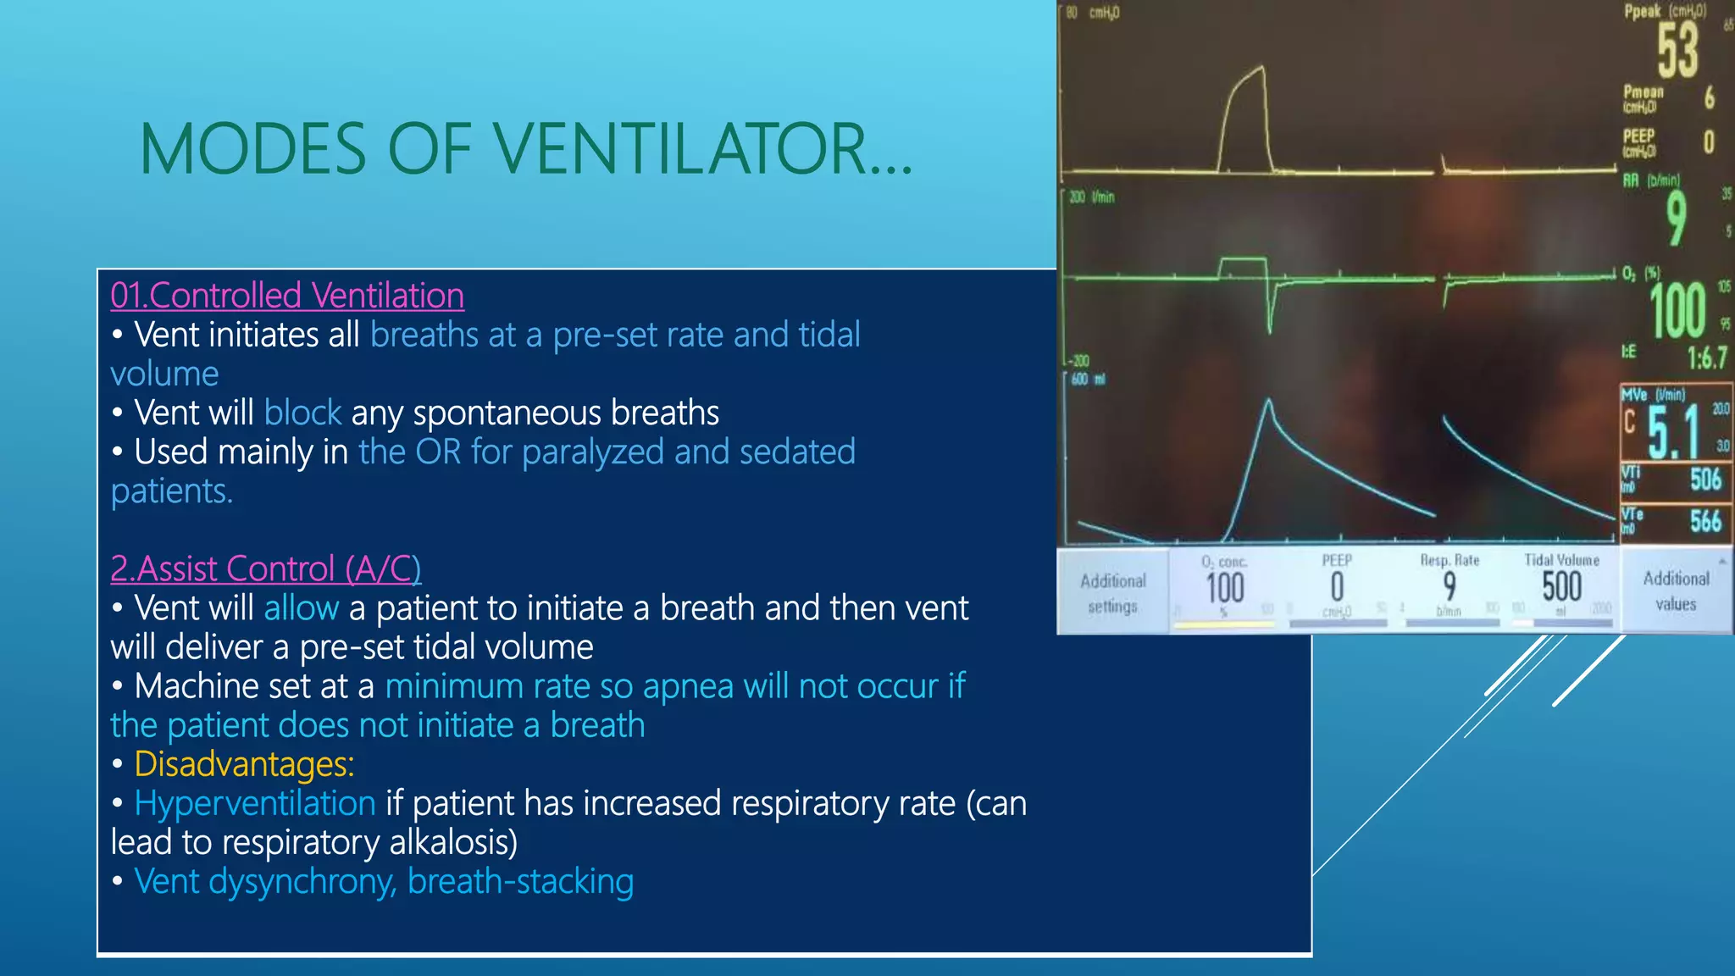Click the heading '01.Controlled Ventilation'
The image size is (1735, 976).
coord(287,296)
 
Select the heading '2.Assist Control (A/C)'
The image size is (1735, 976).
coord(265,568)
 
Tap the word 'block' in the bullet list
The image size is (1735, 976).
coord(302,413)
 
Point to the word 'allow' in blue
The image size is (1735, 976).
coord(301,608)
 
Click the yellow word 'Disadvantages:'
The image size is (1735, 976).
coord(244,764)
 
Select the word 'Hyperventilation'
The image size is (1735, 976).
coord(255,803)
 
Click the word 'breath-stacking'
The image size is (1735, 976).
coord(520,882)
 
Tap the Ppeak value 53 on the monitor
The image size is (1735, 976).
coord(1677,51)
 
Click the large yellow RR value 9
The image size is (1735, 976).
coord(1675,218)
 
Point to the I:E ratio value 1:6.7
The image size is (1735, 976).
coord(1706,358)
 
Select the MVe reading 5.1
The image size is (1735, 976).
coord(1673,431)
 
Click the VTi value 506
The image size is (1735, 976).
coord(1705,480)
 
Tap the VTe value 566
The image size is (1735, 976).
coord(1705,520)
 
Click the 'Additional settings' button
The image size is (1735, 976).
coord(1112,593)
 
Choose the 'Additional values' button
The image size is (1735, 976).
coord(1676,591)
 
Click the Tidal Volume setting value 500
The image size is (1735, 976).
coord(1561,586)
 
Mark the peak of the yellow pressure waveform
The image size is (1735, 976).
coord(1261,68)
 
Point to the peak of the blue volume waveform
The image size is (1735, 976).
coord(1268,400)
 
